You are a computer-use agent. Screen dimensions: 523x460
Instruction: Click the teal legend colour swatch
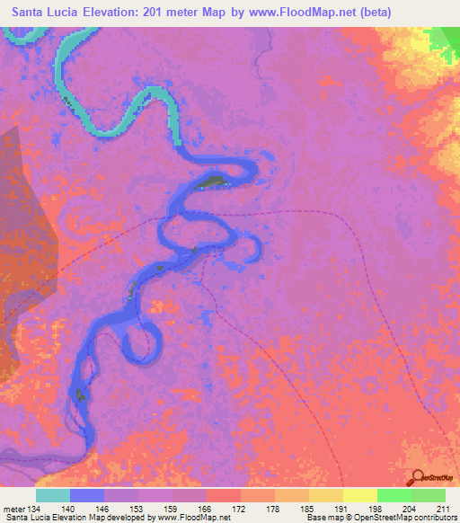point(53,495)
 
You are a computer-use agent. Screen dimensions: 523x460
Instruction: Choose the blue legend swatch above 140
point(87,495)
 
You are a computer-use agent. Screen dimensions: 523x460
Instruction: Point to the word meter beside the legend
point(13,508)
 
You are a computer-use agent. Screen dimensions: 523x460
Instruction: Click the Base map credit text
point(327,519)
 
